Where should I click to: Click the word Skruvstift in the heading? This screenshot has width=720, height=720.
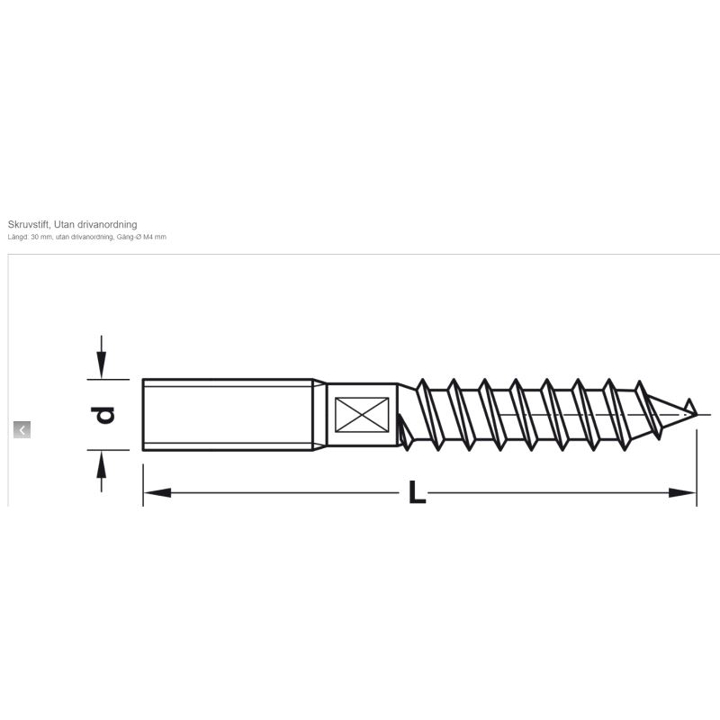click(x=29, y=224)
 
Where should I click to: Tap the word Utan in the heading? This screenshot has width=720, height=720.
click(x=64, y=224)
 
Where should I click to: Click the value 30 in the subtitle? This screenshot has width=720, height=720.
click(x=34, y=237)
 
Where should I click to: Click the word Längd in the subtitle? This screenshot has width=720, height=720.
click(x=18, y=237)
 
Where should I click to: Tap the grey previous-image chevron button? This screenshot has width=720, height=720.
click(x=22, y=430)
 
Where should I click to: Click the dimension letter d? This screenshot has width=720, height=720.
click(x=103, y=415)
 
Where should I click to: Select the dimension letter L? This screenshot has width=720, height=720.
click(x=417, y=491)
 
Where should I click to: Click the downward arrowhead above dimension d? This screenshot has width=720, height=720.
click(x=101, y=364)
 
